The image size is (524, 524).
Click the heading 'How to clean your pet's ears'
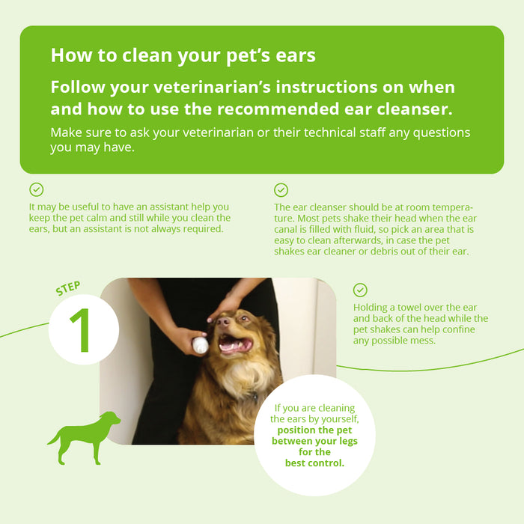pos(183,55)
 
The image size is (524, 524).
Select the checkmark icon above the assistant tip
pos(36,190)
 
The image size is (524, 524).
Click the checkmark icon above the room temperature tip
pos(281,190)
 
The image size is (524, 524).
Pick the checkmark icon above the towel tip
pos(360,290)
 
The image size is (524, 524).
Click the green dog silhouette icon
pos(84,437)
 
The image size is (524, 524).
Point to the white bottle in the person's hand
pos(200,345)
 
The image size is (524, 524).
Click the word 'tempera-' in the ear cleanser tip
pos(448,207)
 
